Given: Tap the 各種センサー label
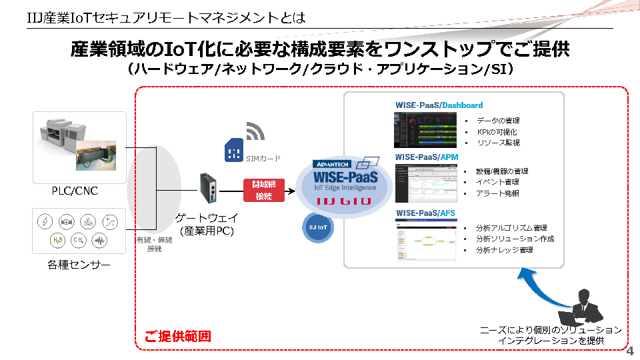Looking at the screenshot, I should click(x=79, y=265).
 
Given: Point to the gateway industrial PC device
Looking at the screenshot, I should click(x=209, y=190).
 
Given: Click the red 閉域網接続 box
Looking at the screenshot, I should click(x=264, y=189).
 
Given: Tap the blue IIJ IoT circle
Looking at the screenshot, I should click(x=317, y=227).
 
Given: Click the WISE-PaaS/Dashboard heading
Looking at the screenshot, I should click(x=439, y=105).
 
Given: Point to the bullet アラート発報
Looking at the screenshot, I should click(x=497, y=193).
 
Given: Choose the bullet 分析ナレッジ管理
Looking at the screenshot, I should click(x=504, y=250).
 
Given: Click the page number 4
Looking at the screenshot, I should click(x=630, y=351).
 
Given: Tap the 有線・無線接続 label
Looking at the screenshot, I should click(x=155, y=245).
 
